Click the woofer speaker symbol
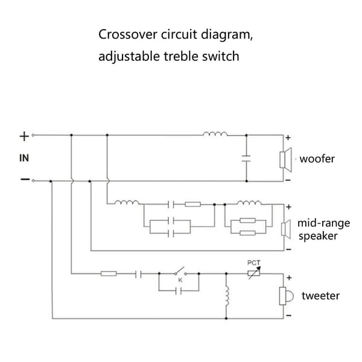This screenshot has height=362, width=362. (285, 159)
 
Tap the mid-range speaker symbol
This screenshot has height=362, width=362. (286, 229)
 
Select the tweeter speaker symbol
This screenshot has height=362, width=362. (286, 296)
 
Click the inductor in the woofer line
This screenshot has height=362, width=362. (215, 134)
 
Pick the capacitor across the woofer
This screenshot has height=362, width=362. (246, 158)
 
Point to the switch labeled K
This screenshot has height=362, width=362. (180, 271)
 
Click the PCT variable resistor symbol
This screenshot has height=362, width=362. (254, 273)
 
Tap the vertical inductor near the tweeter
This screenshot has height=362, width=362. (227, 296)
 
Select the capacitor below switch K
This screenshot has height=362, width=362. (178, 291)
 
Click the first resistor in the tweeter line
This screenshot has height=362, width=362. (109, 274)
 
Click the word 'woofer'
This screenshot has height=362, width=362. (317, 159)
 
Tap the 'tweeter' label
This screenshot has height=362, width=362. (320, 296)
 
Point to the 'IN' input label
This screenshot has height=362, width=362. (24, 158)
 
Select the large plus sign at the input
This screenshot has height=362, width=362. (24, 136)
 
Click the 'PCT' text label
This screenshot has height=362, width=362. (254, 262)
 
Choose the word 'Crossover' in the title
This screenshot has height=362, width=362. (128, 34)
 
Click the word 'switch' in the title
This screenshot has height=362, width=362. (220, 56)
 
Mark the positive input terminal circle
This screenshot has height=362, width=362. (33, 135)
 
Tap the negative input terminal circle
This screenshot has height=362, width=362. (33, 181)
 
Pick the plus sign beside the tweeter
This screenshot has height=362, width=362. (289, 278)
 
